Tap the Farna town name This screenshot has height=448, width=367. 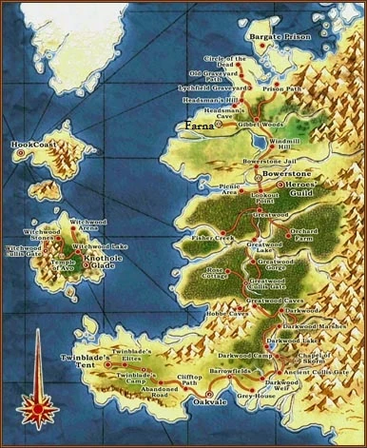tap(201, 125)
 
